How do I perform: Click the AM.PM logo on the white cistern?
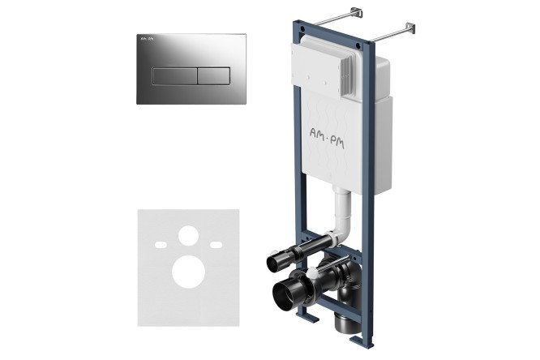[327, 138]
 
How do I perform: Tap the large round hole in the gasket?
[188, 272]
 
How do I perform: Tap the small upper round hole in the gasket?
[188, 236]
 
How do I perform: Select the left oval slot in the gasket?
[161, 245]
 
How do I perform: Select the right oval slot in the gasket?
[216, 245]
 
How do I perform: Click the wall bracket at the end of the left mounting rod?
[357, 12]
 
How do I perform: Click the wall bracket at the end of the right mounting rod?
[410, 28]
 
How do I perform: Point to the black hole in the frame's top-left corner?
[302, 28]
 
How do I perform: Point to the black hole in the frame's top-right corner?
[358, 45]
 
